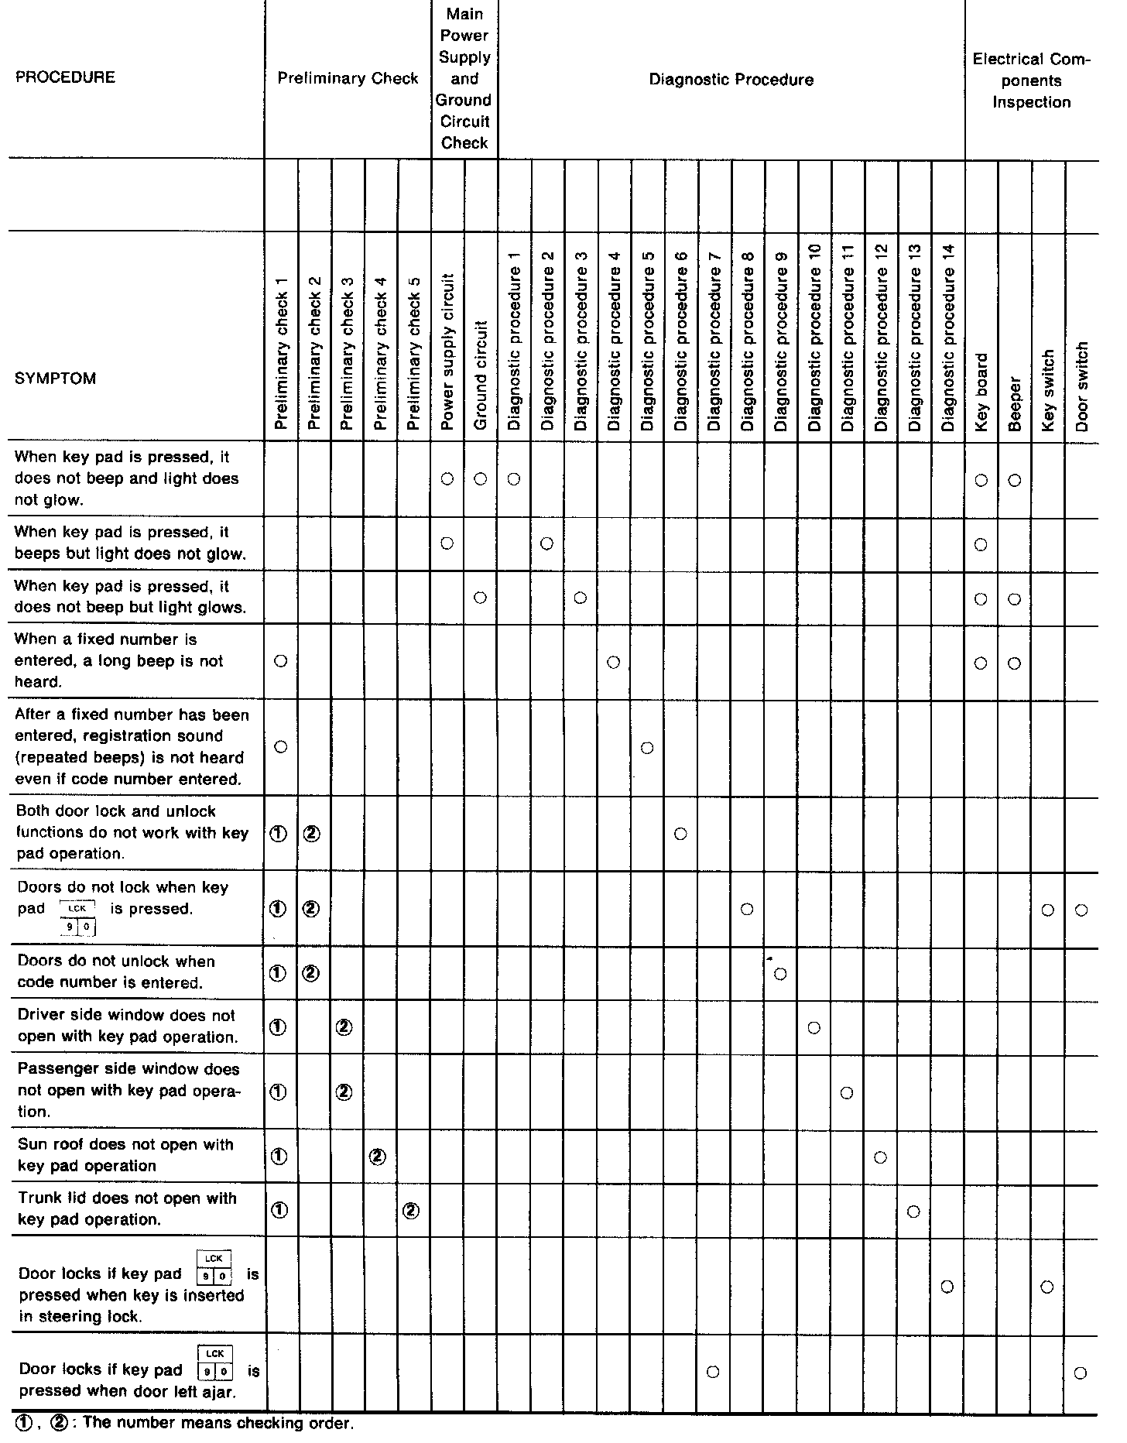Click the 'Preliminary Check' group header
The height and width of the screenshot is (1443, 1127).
pyautogui.click(x=348, y=78)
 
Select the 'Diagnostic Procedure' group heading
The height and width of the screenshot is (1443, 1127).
pyautogui.click(x=731, y=79)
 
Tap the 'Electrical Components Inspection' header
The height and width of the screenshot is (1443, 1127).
pyautogui.click(x=1032, y=81)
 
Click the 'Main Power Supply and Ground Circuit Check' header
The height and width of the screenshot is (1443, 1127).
pyautogui.click(x=464, y=78)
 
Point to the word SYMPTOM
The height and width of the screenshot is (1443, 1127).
pyautogui.click(x=56, y=379)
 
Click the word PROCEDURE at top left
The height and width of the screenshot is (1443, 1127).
pyautogui.click(x=65, y=77)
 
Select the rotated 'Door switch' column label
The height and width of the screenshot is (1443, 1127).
pyautogui.click(x=1082, y=386)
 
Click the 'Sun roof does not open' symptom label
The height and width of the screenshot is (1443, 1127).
pyautogui.click(x=126, y=1155)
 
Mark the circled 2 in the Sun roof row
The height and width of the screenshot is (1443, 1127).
pyautogui.click(x=379, y=1157)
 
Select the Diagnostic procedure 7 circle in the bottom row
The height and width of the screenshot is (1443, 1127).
pyautogui.click(x=714, y=1372)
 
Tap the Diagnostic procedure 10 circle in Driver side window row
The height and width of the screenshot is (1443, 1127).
pyautogui.click(x=814, y=1027)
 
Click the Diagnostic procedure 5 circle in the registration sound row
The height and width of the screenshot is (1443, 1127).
pyautogui.click(x=648, y=748)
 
